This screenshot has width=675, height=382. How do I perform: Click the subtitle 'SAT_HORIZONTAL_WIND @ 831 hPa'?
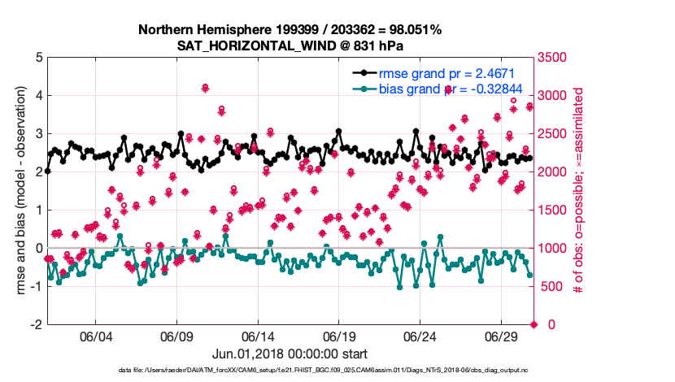[x=290, y=46]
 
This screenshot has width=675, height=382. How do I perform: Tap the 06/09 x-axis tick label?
[x=176, y=336]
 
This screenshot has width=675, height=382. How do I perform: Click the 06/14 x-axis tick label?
[x=257, y=336]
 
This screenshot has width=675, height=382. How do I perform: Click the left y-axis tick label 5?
[x=38, y=58]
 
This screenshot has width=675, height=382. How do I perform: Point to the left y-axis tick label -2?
[x=37, y=324]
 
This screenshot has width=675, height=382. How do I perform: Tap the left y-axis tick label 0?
[x=38, y=248]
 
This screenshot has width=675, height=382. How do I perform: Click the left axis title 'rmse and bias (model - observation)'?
[x=20, y=191]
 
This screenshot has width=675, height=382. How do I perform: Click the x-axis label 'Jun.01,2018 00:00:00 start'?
[x=290, y=354]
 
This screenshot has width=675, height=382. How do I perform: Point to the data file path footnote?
[x=337, y=371]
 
